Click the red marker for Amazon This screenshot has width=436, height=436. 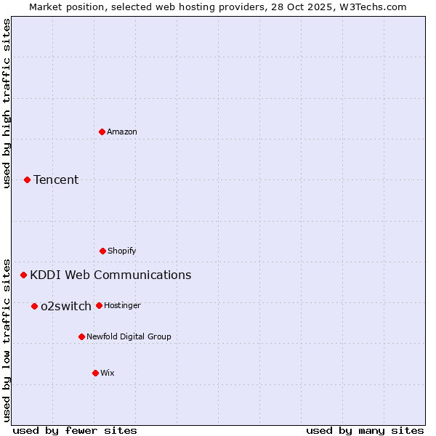point(102,132)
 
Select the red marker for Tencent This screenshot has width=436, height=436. point(28,179)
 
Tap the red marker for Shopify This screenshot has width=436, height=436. point(102,251)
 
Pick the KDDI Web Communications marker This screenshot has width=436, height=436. point(24,275)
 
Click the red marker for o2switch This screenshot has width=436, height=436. point(34,306)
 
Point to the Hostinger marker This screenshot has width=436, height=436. point(99,305)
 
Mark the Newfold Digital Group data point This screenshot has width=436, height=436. point(81,336)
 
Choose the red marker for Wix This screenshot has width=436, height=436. point(95,373)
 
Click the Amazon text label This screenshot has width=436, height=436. point(122,132)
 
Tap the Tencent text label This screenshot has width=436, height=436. point(56,179)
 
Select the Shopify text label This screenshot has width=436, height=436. point(122,251)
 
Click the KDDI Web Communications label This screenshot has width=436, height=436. point(110,275)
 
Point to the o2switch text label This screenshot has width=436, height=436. point(66,306)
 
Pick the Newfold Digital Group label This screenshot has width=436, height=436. point(129,336)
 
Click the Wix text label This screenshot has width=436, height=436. point(108,373)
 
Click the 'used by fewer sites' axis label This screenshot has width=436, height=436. point(75,430)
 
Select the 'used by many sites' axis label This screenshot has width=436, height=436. point(365,430)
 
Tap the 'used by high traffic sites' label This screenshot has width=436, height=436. point(7,103)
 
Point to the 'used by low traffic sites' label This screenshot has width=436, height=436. point(7,339)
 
